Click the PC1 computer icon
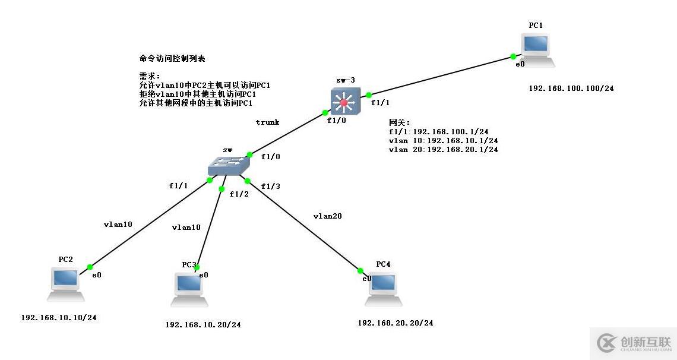point(537,49)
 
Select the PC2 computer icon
point(65,283)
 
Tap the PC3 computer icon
point(189,288)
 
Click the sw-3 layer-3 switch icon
point(344,101)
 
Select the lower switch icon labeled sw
point(227,166)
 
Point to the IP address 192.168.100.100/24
point(571,89)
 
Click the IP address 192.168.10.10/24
point(59,318)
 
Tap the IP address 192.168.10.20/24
point(203,325)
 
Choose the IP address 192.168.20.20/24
point(396,323)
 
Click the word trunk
point(267,122)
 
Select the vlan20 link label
point(327,216)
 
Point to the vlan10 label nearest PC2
point(118,225)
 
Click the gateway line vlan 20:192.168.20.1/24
point(443,150)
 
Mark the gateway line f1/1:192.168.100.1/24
point(438,132)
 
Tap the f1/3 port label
point(270,187)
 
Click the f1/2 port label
point(239,194)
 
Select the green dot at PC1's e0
point(513,57)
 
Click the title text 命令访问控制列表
point(172,59)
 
